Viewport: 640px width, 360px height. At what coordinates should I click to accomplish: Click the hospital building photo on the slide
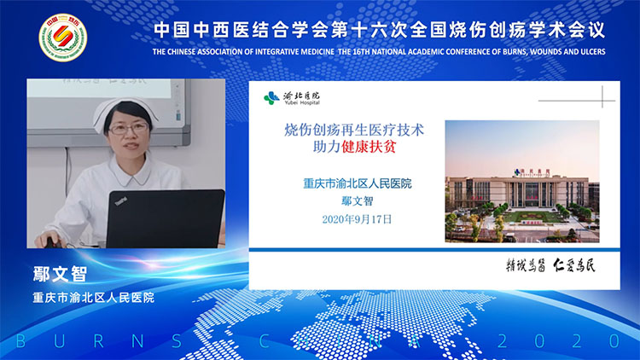522,181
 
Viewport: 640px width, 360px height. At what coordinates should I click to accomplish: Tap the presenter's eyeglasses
128,129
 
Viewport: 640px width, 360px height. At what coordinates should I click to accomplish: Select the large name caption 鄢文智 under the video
60,276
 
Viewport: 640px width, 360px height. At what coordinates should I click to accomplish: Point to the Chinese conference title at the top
379,29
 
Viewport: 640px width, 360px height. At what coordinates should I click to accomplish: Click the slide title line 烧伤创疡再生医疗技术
353,130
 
